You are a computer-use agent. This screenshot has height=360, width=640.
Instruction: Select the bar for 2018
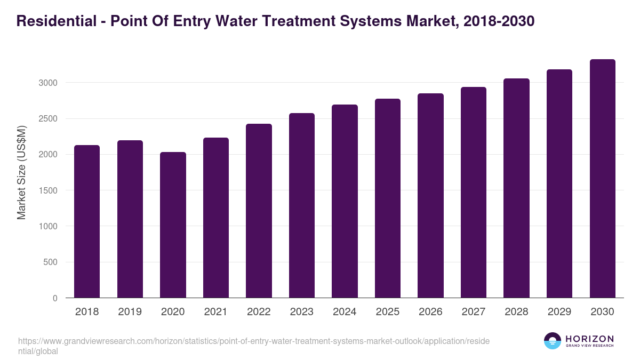click(x=87, y=221)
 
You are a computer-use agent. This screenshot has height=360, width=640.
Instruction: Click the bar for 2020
click(x=173, y=225)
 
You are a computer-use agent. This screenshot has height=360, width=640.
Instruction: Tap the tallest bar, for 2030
click(x=603, y=179)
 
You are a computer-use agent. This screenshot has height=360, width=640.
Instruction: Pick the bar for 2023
click(x=302, y=205)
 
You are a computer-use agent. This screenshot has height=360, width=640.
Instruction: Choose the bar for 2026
click(x=430, y=195)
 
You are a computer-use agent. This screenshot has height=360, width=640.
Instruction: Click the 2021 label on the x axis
click(x=215, y=312)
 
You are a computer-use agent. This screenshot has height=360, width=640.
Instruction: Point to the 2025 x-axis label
click(x=387, y=312)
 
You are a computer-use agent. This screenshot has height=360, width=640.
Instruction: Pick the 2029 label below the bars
click(x=559, y=312)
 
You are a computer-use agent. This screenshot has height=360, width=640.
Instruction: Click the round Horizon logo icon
click(x=553, y=341)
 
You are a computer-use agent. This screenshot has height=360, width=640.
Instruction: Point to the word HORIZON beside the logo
click(x=589, y=339)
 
